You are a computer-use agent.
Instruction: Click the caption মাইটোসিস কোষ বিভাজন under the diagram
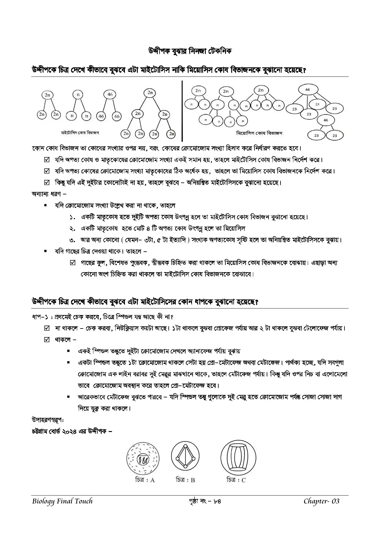80,133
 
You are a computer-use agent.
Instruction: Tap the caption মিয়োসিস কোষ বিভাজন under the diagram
259,133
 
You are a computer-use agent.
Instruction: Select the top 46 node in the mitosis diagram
110,95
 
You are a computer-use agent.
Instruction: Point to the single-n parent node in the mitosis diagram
78,95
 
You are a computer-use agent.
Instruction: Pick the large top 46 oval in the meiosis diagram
308,90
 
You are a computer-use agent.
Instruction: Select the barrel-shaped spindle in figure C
238,458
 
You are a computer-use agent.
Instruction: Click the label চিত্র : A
145,480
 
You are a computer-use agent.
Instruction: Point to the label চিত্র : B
185,480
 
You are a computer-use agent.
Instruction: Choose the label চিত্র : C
236,480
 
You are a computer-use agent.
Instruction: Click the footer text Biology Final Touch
62,501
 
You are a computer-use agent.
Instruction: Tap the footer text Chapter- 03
322,501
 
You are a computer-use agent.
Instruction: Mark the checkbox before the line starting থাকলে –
47,340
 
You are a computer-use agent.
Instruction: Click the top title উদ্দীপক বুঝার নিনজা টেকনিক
190,51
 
